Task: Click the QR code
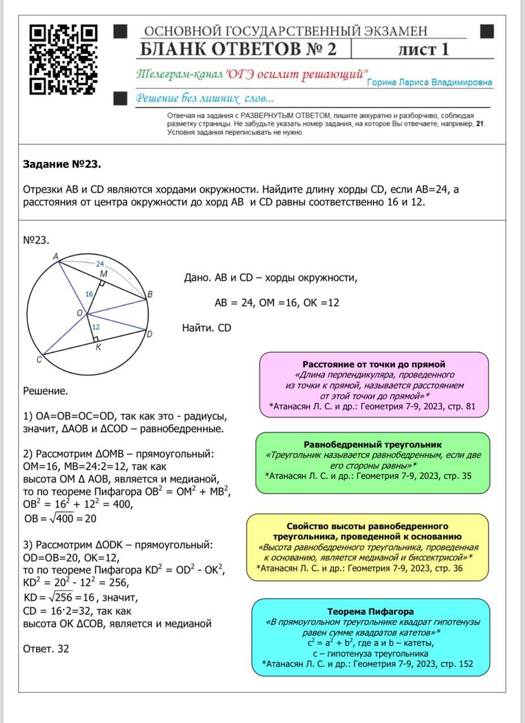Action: [x=63, y=59]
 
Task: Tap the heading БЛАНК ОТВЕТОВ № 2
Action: [x=238, y=49]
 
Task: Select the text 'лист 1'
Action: [x=423, y=49]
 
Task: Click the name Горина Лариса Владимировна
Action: [x=429, y=82]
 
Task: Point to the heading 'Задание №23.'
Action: [x=62, y=164]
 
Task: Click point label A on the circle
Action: [x=55, y=257]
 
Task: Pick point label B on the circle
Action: [x=150, y=294]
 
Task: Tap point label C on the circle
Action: [x=39, y=360]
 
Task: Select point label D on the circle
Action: [x=149, y=334]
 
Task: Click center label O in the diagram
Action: [x=80, y=312]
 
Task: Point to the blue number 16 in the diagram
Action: [x=89, y=294]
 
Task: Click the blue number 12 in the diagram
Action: [x=96, y=327]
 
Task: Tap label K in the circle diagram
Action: [x=98, y=347]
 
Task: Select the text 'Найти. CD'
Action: [x=206, y=328]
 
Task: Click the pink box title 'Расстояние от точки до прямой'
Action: [x=374, y=364]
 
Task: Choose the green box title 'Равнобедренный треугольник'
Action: [x=372, y=445]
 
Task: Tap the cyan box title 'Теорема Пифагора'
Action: [x=370, y=611]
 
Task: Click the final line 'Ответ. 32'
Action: [x=46, y=648]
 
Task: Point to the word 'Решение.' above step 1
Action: [x=45, y=390]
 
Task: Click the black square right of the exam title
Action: [x=487, y=31]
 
